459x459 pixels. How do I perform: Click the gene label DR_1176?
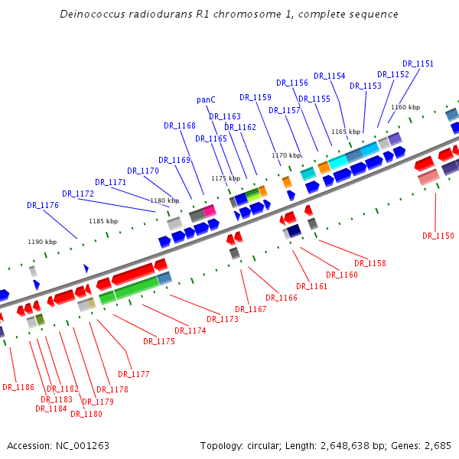43,205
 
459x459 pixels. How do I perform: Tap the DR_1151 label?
418,64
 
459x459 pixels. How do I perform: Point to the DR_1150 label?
438,236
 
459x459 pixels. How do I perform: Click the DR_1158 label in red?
370,263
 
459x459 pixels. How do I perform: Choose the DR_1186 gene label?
18,387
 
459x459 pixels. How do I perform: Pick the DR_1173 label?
223,319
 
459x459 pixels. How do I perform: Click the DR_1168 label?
180,125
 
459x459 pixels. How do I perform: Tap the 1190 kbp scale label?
43,242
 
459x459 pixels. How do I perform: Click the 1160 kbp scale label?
405,108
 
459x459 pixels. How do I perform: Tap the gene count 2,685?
436,445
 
